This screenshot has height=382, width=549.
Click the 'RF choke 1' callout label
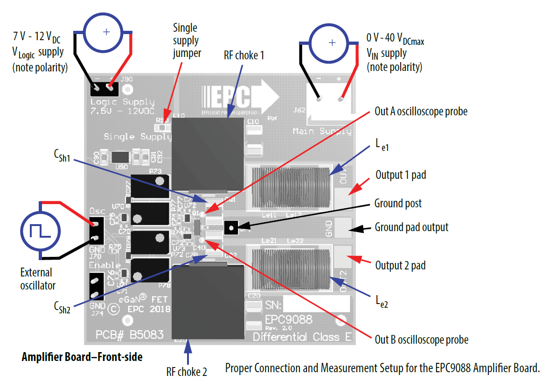point(244,56)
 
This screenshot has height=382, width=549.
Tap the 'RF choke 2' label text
point(187,372)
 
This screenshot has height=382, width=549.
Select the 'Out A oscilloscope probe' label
point(421,112)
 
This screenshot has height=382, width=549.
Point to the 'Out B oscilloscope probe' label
point(421,340)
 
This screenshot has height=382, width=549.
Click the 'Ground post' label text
point(398,204)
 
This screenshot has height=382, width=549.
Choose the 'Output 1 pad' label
point(400,176)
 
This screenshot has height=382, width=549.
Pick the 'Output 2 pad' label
point(400,265)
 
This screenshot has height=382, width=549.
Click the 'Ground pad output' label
point(411,227)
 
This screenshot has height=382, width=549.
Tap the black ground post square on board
point(231,228)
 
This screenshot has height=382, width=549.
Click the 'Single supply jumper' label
point(187,41)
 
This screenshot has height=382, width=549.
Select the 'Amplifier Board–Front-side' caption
point(82,357)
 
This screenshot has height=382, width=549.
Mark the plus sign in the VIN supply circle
point(332,42)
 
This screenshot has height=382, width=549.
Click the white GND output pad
point(343,227)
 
